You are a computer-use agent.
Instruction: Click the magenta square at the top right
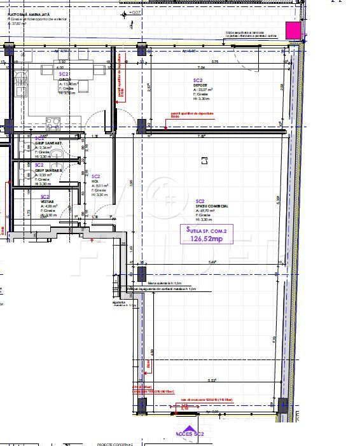point(293,30)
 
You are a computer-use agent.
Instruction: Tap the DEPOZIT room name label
point(200,85)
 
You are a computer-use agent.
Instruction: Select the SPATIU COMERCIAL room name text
point(212,207)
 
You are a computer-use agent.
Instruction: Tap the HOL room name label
point(95,182)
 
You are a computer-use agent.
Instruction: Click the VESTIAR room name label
point(47,201)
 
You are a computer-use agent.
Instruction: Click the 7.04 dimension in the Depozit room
point(201,67)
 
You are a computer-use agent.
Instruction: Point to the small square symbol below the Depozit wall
point(204,161)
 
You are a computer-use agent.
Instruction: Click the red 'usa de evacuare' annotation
point(207,399)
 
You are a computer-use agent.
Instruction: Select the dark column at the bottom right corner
point(283,405)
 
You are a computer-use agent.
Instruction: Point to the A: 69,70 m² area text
point(208,211)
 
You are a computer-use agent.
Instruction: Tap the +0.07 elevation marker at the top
point(135,12)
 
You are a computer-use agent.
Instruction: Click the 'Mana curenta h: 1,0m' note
point(165,283)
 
